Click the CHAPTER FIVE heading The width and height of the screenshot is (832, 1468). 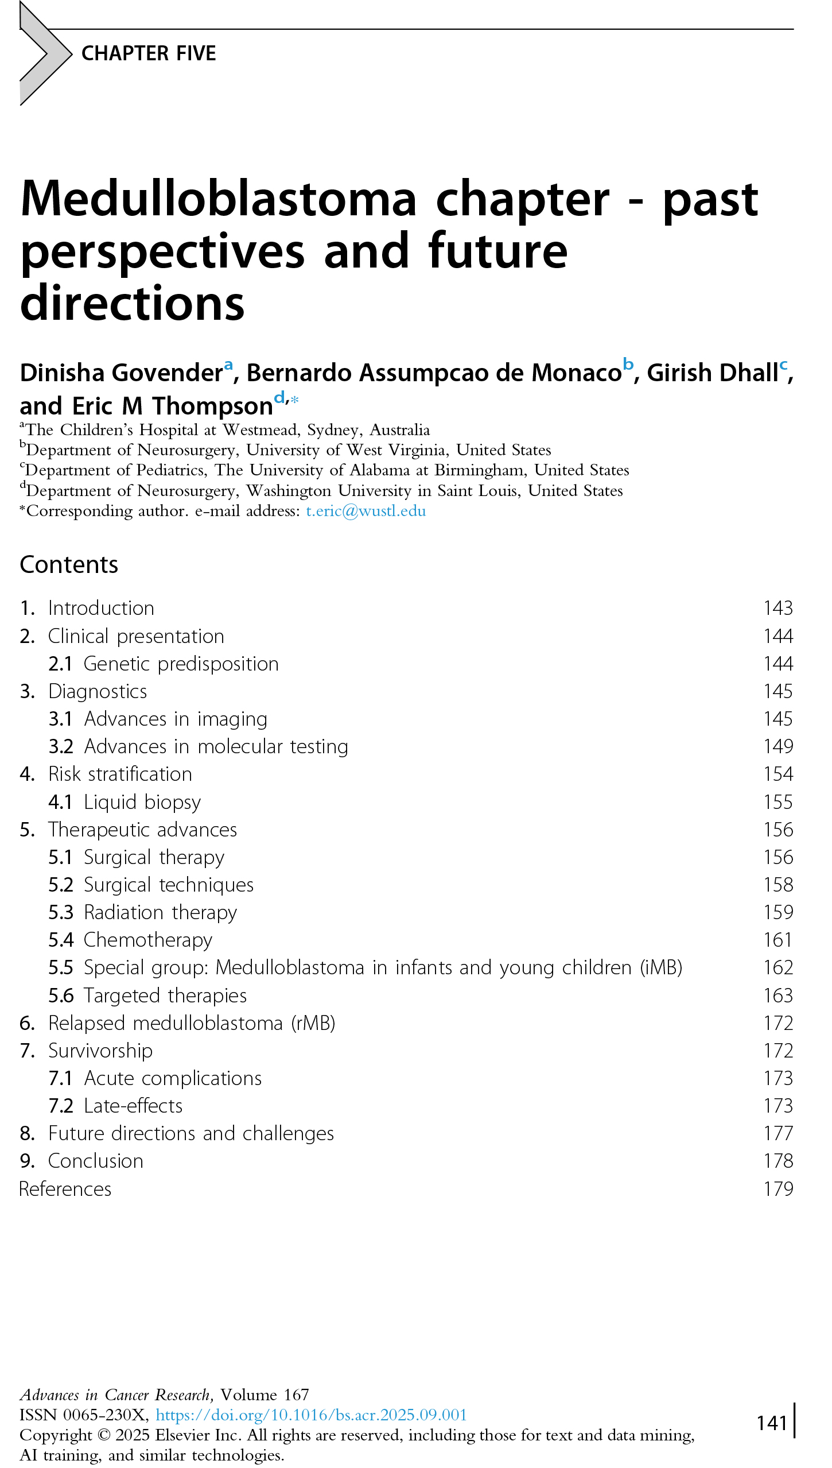click(149, 53)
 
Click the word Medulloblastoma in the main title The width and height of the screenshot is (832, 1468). click(218, 199)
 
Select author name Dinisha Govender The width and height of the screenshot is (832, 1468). click(121, 373)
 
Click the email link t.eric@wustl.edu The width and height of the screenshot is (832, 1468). click(366, 511)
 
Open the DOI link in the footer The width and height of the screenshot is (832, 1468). click(311, 1415)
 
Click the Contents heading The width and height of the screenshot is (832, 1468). click(69, 565)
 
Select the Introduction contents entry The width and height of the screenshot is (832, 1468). click(101, 608)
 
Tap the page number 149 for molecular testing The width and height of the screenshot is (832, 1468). click(778, 746)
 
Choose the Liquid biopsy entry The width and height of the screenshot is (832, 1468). click(142, 802)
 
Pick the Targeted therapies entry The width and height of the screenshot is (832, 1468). click(165, 996)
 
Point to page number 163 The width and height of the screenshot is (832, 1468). click(778, 996)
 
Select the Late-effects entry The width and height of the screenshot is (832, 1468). click(133, 1106)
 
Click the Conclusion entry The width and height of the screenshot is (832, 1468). click(95, 1161)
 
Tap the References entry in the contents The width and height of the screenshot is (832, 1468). click(65, 1189)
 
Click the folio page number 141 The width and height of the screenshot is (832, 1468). click(772, 1423)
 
